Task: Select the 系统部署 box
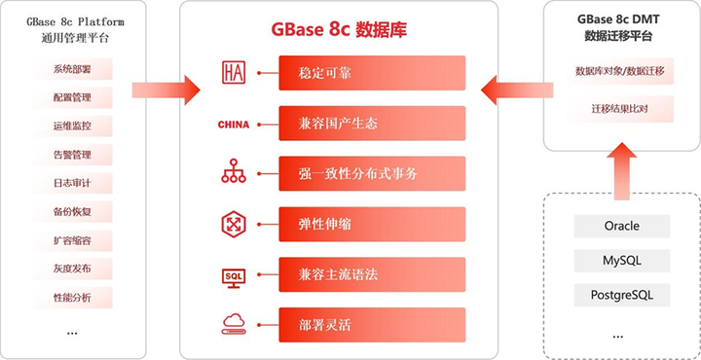pyautogui.click(x=72, y=69)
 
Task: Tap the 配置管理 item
pyautogui.click(x=72, y=97)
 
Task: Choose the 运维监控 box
pyautogui.click(x=72, y=126)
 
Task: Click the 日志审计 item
pyautogui.click(x=72, y=183)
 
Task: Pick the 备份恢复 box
pyautogui.click(x=72, y=211)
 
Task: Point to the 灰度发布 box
pyautogui.click(x=72, y=269)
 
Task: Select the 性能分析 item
pyautogui.click(x=72, y=297)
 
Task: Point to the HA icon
pyautogui.click(x=234, y=72)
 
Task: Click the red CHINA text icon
pyautogui.click(x=234, y=124)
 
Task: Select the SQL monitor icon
pyautogui.click(x=234, y=275)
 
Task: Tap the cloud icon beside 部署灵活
pyautogui.click(x=234, y=324)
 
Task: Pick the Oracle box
pyautogui.click(x=621, y=226)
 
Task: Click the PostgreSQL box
pyautogui.click(x=621, y=294)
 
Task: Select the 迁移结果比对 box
pyautogui.click(x=621, y=108)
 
